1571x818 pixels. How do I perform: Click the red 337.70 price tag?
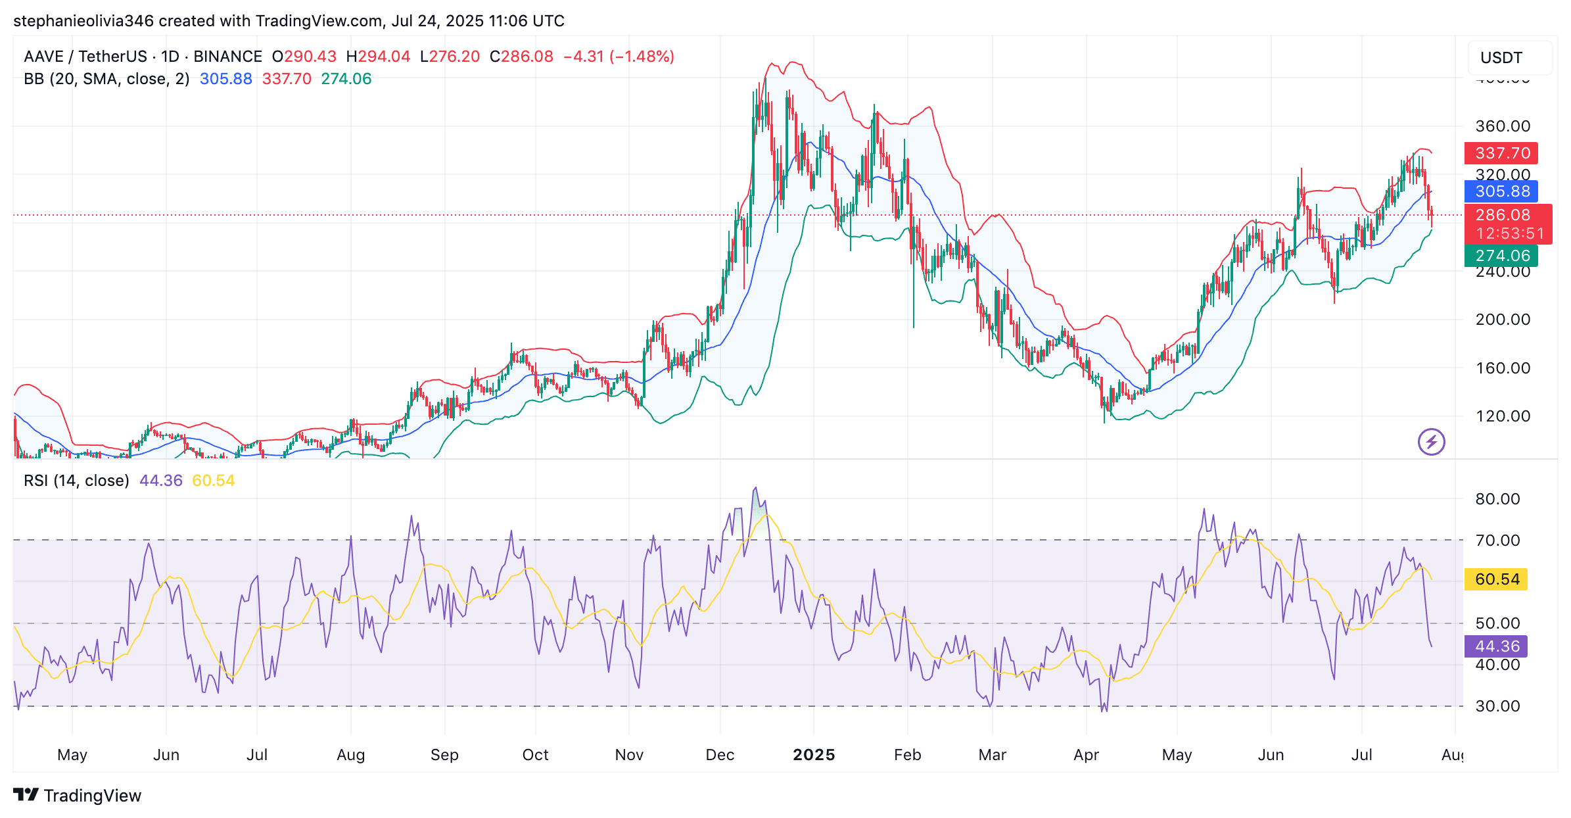pos(1501,153)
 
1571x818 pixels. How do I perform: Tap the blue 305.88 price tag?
pos(1501,191)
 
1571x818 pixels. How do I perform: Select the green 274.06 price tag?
pos(1501,256)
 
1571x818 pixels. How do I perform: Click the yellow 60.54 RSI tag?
pos(1497,579)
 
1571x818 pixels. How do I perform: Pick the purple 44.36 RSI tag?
pos(1497,646)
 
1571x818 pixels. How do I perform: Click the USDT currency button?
pos(1501,58)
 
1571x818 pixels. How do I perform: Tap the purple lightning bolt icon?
pos(1431,442)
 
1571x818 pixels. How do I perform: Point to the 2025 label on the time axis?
pos(814,755)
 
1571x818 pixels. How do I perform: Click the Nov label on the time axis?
pos(629,755)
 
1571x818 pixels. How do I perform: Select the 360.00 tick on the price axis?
pos(1503,126)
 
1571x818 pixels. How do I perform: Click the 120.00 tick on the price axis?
pos(1503,416)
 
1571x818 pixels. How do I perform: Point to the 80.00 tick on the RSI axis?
pos(1497,499)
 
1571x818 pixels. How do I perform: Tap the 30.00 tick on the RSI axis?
pos(1497,706)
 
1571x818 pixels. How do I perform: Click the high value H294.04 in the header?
pos(379,57)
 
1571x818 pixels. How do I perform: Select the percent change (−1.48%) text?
pos(642,57)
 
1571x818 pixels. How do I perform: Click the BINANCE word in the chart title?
pos(227,57)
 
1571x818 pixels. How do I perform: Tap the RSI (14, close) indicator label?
pos(76,481)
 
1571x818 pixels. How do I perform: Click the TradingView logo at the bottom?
pos(78,796)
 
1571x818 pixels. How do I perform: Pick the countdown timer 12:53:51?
pos(1509,233)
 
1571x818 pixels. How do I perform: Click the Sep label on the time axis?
pos(444,755)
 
